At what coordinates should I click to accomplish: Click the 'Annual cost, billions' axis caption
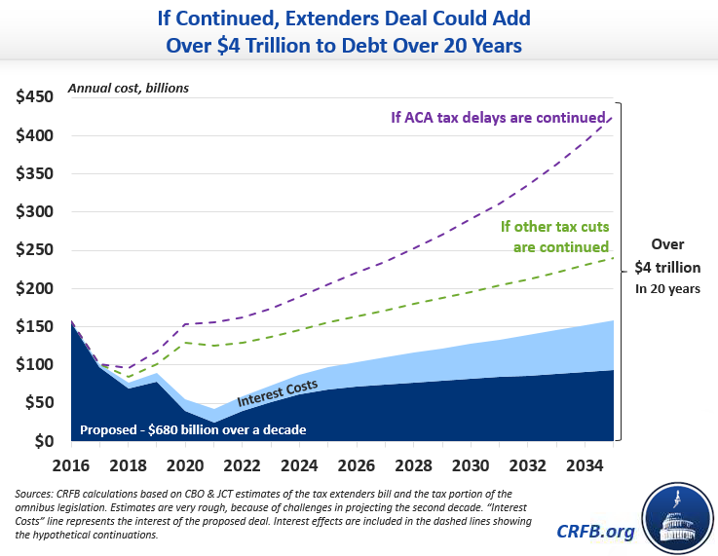[128, 88]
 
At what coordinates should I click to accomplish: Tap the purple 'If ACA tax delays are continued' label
[497, 118]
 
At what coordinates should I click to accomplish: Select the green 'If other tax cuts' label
[554, 227]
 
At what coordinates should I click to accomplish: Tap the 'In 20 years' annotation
[667, 289]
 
